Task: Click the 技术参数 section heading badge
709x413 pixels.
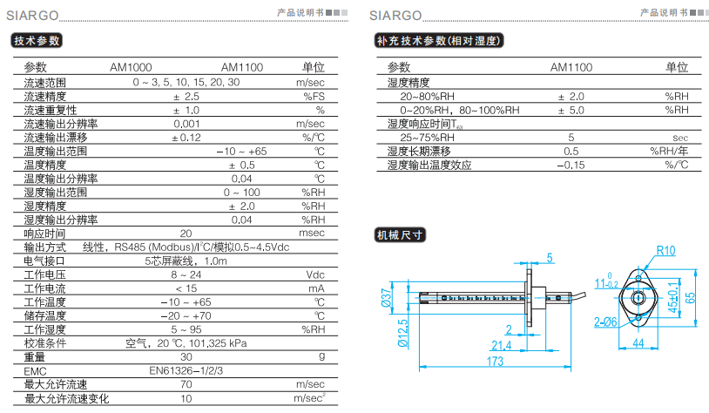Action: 37,41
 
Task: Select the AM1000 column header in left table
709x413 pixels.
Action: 131,67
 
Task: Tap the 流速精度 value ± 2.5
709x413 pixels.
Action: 186,97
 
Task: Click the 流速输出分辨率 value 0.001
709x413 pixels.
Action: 186,124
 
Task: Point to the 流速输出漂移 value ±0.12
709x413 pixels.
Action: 186,138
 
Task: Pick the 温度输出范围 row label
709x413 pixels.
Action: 55,151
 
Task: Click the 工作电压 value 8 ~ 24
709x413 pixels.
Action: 186,274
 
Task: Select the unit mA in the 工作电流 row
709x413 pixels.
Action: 316,288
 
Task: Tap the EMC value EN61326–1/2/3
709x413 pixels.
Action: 186,371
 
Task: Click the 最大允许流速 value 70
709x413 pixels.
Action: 186,384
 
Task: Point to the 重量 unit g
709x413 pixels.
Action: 321,356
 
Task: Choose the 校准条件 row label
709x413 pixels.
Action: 44,343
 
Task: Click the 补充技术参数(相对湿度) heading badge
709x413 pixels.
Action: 439,41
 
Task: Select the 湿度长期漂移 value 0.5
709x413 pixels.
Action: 571,152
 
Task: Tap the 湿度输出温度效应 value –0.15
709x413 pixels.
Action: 571,165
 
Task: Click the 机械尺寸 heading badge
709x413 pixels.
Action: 400,235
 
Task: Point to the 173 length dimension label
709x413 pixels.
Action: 495,362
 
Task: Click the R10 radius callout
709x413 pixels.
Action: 665,251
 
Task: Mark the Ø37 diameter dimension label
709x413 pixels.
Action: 387,298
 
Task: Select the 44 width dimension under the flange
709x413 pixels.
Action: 638,343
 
